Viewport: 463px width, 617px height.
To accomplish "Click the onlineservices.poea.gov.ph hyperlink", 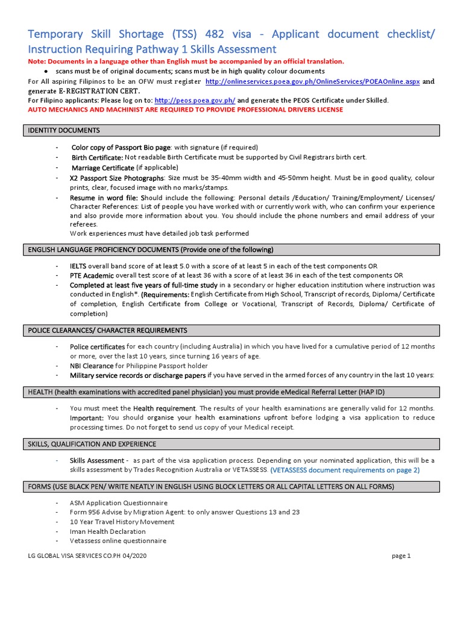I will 312,81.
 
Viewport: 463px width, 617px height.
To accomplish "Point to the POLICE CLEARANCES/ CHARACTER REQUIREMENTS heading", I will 108,330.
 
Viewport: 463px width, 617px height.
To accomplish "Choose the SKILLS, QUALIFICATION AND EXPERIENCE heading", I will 92,444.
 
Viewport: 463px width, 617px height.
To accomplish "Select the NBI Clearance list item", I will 92,366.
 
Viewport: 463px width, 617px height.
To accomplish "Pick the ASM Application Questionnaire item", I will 119,503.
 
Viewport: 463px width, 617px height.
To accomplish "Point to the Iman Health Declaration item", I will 108,531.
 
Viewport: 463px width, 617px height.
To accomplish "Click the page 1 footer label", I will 401,556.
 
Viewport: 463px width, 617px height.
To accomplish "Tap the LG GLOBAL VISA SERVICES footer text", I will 89,556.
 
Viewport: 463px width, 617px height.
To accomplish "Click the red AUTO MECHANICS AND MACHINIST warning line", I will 186,110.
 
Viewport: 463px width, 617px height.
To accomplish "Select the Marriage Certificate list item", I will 103,168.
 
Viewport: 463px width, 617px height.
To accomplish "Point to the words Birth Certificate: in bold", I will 97,157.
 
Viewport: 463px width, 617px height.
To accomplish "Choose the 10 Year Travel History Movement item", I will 122,522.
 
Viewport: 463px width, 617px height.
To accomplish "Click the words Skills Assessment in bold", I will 96,460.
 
